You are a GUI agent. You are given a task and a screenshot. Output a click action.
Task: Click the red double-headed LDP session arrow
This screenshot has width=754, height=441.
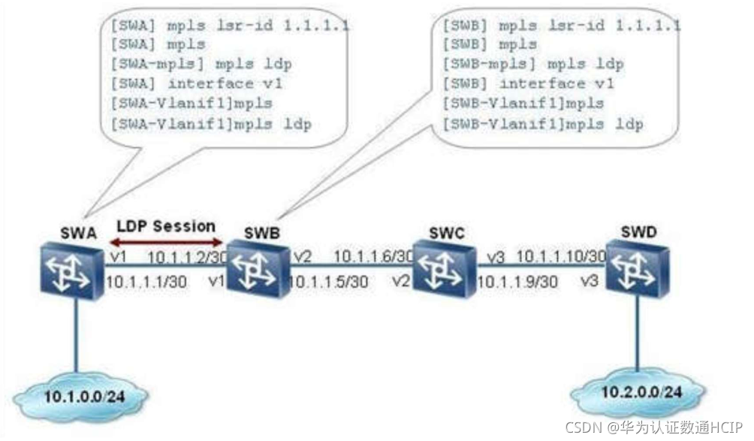(167, 242)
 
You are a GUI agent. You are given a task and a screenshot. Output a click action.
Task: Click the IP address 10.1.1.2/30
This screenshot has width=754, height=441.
(186, 258)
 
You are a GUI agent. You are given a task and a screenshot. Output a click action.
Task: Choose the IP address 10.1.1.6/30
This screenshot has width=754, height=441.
(373, 258)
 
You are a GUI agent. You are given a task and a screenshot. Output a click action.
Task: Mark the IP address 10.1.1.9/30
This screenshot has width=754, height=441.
(517, 282)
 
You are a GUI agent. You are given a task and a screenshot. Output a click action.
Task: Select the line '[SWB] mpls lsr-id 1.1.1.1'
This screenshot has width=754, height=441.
(562, 26)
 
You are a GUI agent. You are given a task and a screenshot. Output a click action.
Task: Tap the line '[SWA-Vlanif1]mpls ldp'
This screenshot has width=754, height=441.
(211, 123)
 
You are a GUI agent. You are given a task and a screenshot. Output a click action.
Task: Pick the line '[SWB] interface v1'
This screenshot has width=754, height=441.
(529, 84)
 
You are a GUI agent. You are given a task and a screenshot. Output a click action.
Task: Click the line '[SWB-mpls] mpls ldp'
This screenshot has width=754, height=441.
(533, 65)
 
